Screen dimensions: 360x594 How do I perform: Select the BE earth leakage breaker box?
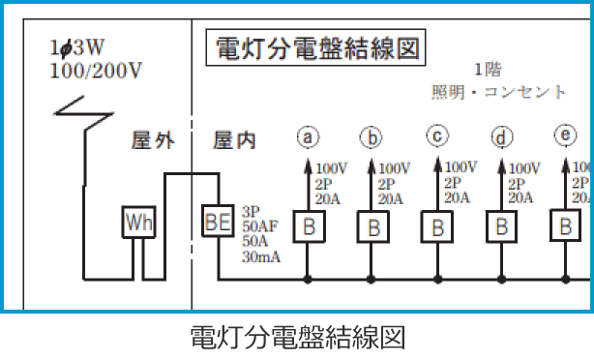[x=217, y=221]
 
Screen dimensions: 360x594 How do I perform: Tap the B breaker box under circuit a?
[x=309, y=227]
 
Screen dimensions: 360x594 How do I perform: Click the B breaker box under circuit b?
[x=372, y=228]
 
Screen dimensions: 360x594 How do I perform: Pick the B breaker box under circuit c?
[x=437, y=228]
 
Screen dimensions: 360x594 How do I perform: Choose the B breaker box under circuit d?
[x=501, y=228]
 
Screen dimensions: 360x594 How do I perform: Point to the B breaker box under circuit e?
[x=566, y=227]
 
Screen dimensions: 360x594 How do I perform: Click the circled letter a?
[x=308, y=136]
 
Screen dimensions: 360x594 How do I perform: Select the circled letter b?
[x=372, y=136]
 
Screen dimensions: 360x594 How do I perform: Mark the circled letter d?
[x=501, y=136]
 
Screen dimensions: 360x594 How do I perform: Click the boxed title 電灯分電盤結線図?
[x=314, y=48]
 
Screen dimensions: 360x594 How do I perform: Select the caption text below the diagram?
[x=296, y=338]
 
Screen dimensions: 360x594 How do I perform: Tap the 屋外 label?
[x=153, y=141]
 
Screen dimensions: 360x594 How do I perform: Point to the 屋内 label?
[x=235, y=141]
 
